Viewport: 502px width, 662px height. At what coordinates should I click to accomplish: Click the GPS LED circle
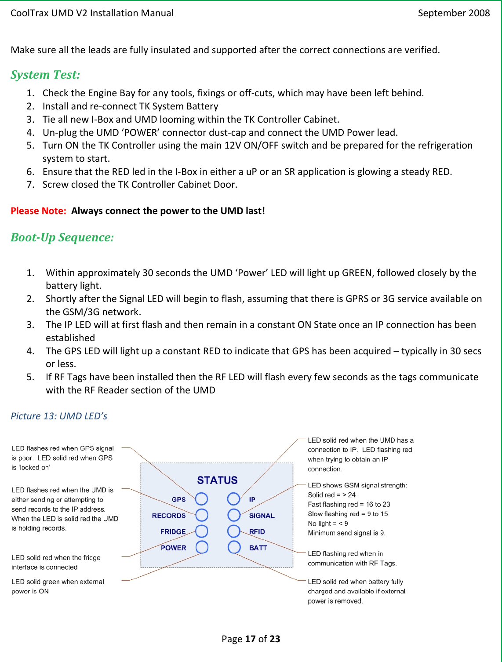point(201,499)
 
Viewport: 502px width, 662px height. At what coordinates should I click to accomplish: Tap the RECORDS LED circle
point(201,515)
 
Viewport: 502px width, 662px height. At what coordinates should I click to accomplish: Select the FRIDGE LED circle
point(201,531)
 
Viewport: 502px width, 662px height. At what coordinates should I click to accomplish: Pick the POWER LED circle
point(202,547)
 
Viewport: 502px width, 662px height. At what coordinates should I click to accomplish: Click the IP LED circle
point(233,499)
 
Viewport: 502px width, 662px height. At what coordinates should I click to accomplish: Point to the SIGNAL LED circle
point(234,515)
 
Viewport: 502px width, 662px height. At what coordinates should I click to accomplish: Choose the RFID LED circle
point(234,531)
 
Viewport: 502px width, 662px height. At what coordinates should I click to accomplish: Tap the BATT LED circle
point(234,547)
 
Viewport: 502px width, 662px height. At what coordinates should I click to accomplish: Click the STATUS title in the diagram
point(217,480)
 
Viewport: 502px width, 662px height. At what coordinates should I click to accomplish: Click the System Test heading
point(45,75)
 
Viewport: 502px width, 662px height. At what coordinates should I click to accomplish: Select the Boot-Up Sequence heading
point(62,237)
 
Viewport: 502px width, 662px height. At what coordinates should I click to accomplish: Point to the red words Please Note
point(38,211)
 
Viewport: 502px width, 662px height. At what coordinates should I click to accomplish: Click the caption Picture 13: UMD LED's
point(59,416)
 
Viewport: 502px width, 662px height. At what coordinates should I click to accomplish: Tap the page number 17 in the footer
point(250,639)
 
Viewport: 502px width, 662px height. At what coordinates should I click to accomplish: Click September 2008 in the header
point(454,13)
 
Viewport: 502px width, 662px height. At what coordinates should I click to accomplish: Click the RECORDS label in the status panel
point(169,516)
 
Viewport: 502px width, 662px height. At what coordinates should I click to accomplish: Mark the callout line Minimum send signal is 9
point(346,533)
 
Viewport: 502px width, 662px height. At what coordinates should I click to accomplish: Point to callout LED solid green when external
point(58,582)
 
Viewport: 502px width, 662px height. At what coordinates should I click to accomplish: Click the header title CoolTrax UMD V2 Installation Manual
point(92,13)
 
